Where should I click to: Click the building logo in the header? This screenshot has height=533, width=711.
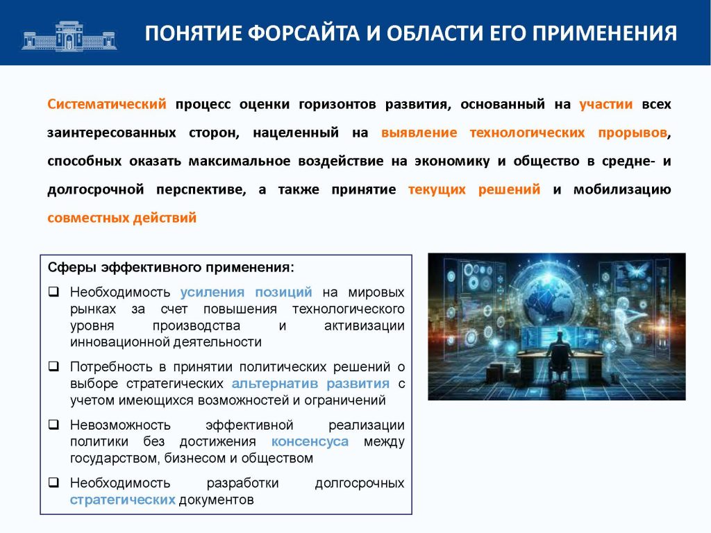[69, 35]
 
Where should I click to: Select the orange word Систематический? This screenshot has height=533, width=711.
[106, 104]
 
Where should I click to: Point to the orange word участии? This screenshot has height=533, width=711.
[605, 104]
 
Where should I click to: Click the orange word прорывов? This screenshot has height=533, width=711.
[633, 133]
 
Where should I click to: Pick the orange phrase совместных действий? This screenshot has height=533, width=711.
[122, 217]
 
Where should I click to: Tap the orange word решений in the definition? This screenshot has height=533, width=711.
[509, 189]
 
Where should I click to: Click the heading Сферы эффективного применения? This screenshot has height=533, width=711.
[171, 267]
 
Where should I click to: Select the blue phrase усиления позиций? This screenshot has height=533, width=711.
[246, 292]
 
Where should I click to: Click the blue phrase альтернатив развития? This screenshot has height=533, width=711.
[310, 383]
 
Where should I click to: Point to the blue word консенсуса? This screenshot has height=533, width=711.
[310, 441]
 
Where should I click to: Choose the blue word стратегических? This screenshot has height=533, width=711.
[122, 500]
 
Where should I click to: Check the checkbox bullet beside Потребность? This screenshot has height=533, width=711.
[54, 366]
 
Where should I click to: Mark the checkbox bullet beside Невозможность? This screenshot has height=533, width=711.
[54, 425]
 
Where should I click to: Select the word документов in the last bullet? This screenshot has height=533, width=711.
[217, 500]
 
